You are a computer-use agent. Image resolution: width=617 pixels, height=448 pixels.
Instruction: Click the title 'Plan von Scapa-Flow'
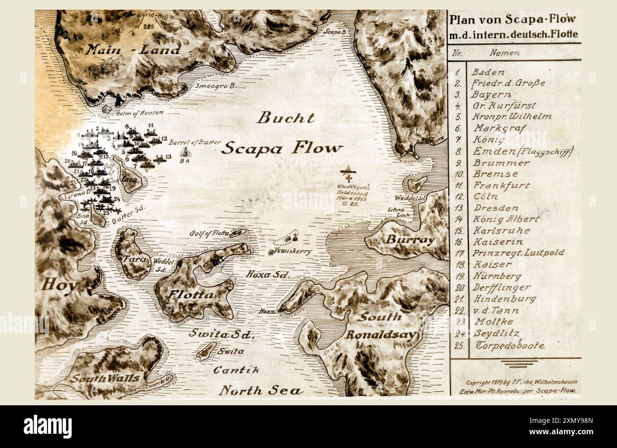[513, 19]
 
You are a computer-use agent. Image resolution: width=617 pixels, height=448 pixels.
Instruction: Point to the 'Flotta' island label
[190, 295]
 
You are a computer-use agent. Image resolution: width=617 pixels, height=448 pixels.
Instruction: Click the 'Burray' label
[409, 240]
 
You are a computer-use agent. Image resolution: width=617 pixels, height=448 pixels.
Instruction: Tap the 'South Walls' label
[105, 378]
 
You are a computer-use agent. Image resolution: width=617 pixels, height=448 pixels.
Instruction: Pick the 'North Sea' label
[261, 391]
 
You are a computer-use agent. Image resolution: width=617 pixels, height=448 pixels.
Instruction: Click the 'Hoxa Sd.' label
[268, 274]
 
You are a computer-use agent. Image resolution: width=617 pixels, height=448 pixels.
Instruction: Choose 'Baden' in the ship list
[488, 73]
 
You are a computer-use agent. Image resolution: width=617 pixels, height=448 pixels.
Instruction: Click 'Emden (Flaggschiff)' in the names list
[523, 152]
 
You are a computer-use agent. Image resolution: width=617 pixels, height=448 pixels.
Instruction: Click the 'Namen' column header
[505, 53]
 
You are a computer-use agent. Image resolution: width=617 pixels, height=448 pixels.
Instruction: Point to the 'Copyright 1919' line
[521, 382]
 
